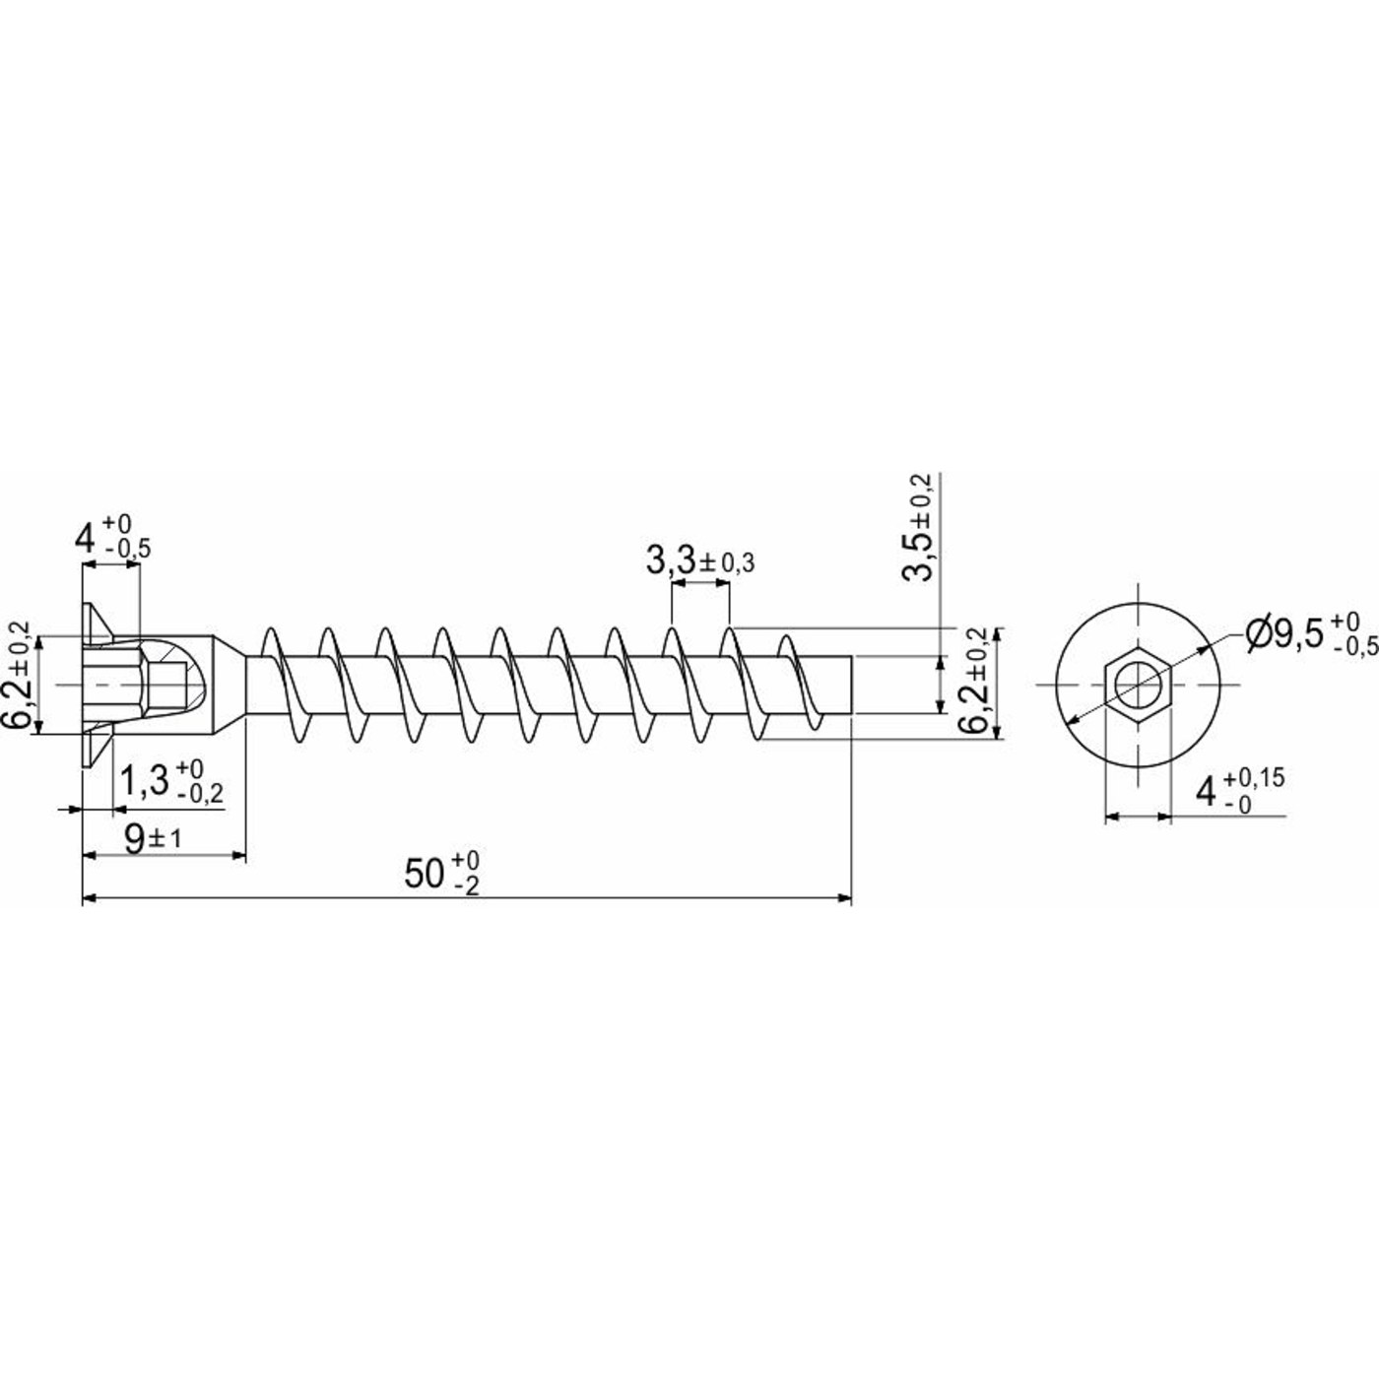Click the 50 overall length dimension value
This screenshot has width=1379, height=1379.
click(x=442, y=874)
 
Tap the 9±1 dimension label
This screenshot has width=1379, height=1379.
click(x=153, y=840)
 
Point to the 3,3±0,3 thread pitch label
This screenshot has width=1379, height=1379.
click(x=700, y=561)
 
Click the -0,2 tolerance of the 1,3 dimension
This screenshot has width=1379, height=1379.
click(x=200, y=793)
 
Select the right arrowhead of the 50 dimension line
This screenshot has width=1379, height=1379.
click(x=844, y=898)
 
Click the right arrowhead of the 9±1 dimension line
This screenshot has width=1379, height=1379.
click(x=238, y=854)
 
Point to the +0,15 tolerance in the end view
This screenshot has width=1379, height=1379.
click(x=1253, y=777)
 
